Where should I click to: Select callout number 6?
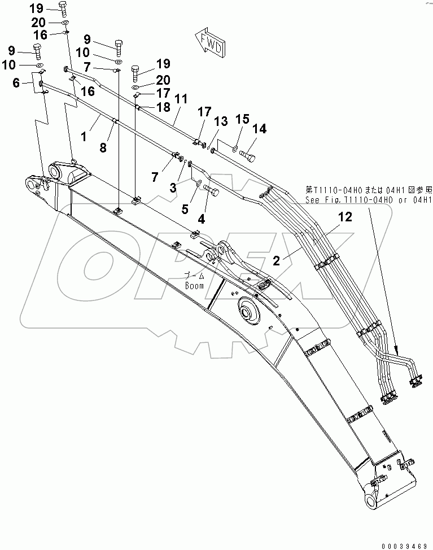pos(16,83)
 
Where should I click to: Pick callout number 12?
pos(345,216)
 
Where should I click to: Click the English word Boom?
pos(194,286)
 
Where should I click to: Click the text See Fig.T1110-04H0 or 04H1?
pos(368,199)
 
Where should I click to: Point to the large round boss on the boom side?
pos(249,311)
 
